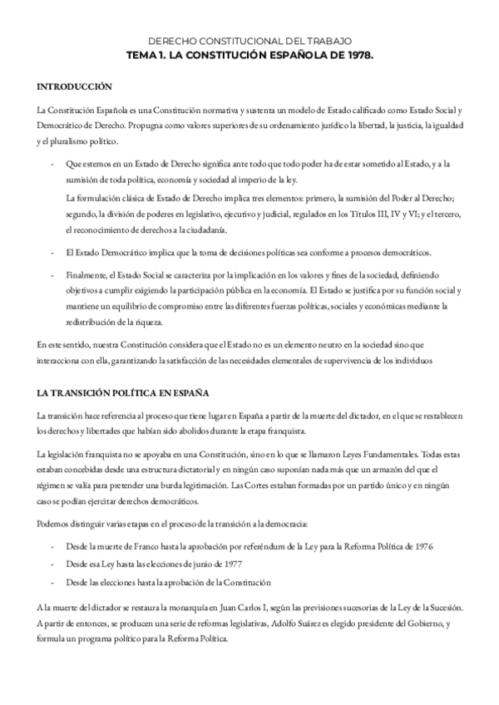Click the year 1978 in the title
(358, 54)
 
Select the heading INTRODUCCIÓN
(72, 86)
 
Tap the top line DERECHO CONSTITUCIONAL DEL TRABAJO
(249, 40)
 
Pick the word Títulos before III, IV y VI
(333, 214)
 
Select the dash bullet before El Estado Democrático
(54, 253)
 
